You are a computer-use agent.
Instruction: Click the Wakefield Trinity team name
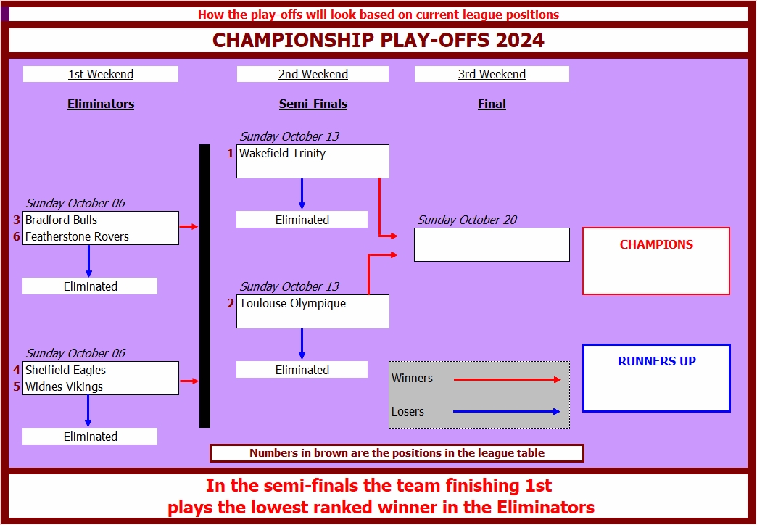283,154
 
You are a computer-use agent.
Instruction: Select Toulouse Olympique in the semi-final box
292,304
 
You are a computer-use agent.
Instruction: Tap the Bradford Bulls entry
61,220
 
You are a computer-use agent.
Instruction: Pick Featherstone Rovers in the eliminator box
77,236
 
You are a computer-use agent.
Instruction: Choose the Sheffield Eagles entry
65,370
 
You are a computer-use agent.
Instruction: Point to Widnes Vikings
64,386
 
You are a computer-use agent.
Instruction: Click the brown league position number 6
16,236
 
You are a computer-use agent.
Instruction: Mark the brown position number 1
231,154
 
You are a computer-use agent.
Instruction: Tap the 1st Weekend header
101,74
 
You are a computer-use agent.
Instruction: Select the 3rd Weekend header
492,74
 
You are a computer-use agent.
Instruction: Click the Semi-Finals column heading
313,104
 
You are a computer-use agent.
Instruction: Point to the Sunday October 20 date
467,220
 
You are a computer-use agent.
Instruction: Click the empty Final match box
492,245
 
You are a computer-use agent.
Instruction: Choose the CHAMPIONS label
656,245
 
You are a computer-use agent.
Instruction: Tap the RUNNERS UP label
656,361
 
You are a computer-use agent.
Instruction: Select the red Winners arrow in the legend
507,379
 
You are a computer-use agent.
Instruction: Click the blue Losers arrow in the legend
507,412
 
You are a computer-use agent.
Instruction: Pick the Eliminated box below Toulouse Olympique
302,370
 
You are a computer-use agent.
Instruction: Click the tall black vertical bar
204,286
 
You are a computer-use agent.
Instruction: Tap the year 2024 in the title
520,41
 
